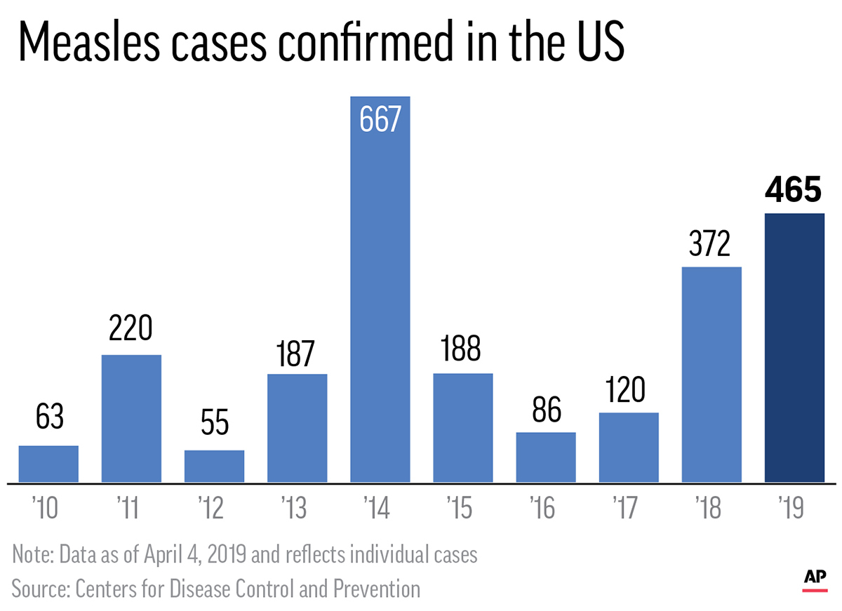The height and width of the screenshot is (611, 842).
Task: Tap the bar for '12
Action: tap(214, 466)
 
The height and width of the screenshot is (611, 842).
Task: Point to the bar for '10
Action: tap(48, 464)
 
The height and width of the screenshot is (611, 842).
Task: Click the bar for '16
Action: tap(546, 457)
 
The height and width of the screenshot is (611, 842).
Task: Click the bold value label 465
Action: tap(794, 189)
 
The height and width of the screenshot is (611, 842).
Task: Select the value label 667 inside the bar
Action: tap(380, 120)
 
